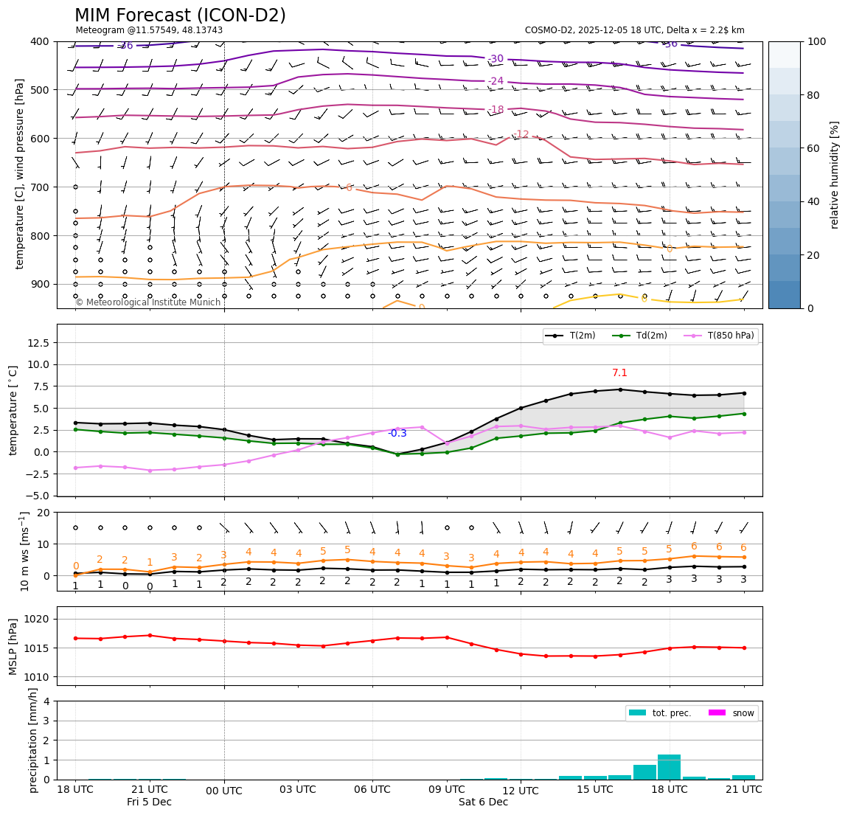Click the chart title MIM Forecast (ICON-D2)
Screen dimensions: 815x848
coord(180,15)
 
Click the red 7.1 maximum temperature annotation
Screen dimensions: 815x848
coord(619,373)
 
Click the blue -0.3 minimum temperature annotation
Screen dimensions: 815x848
coord(397,434)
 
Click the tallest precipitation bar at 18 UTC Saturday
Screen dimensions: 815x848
coord(669,767)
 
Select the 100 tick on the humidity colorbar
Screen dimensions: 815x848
coord(818,41)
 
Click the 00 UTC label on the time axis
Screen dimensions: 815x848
coord(224,790)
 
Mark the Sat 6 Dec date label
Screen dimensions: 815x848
coord(483,802)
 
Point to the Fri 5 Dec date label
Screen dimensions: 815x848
coord(149,802)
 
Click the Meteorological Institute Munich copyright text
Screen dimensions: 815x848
coord(147,302)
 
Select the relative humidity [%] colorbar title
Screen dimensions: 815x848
coord(835,175)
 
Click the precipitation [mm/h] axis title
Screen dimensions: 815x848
coord(33,740)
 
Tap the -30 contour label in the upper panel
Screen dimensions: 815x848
coord(496,59)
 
